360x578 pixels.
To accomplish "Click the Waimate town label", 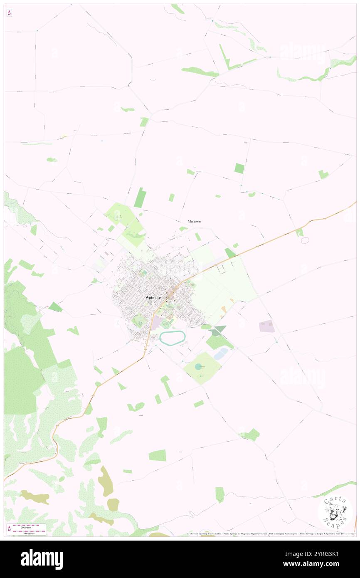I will coord(153,298).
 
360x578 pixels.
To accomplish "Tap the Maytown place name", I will coord(194,222).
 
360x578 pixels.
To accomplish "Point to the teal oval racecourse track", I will coord(172,338).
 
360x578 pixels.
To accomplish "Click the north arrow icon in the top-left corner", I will coord(9,13).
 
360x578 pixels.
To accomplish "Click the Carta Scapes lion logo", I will coord(335,513).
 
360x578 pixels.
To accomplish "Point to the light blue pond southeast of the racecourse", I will coord(221,353).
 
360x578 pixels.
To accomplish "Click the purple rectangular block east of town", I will coord(266,326).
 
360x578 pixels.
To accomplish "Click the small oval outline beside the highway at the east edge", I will coord(305,241).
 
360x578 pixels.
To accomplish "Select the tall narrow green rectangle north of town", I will coord(140,198).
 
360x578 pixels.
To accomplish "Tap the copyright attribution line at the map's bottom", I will coord(270,534).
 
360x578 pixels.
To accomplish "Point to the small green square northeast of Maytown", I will coord(239,168).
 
